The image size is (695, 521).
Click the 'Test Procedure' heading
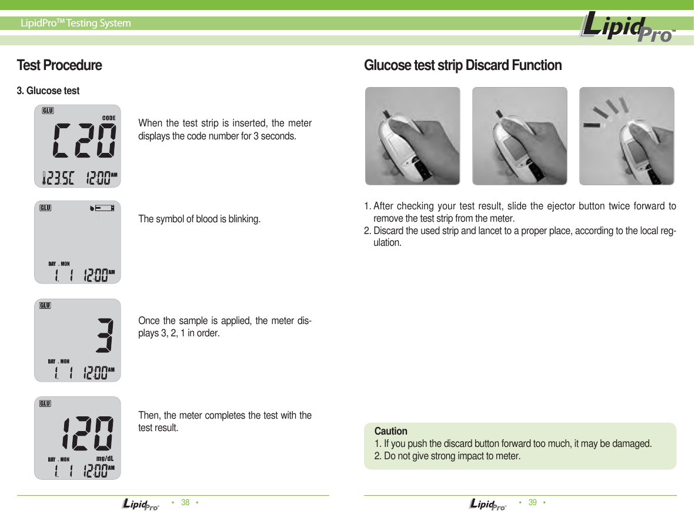(59, 65)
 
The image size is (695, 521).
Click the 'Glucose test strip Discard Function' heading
(463, 65)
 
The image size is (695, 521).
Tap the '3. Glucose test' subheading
(48, 91)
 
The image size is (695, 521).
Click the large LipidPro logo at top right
(626, 27)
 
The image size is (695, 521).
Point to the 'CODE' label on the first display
(108, 118)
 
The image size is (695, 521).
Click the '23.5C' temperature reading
(61, 178)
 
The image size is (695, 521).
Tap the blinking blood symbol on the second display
(92, 208)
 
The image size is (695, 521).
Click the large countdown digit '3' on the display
(105, 336)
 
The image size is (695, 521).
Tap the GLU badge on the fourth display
(45, 403)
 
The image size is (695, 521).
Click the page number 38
(185, 502)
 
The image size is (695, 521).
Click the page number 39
(533, 502)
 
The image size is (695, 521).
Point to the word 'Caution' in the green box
(390, 431)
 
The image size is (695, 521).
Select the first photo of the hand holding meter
(412, 136)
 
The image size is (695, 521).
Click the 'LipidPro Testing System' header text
(76, 24)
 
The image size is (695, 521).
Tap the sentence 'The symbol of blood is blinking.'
(199, 219)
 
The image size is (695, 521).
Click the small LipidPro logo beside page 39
(487, 504)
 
